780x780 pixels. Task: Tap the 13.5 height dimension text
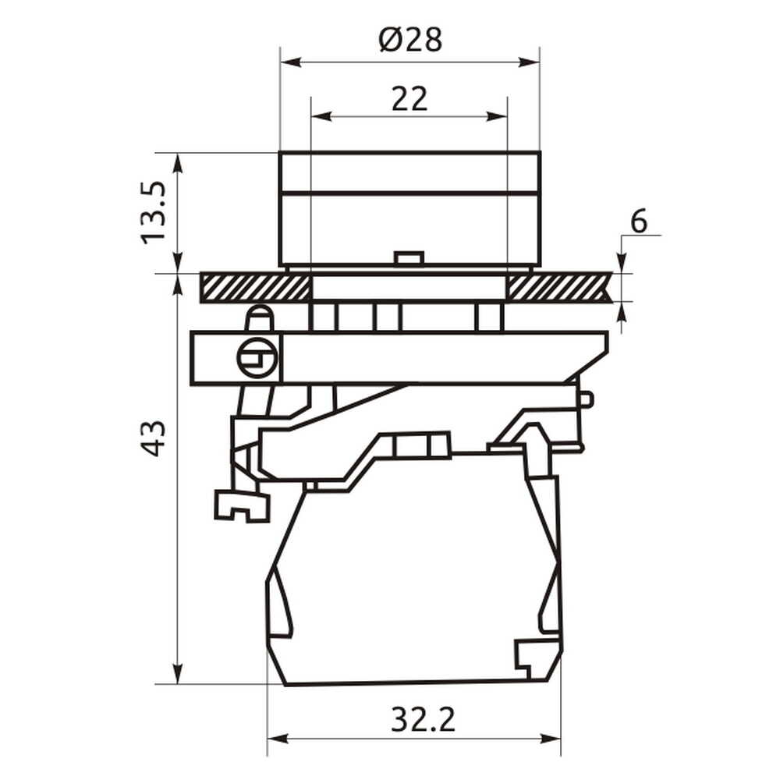(153, 212)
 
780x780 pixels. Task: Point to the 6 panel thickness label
(639, 222)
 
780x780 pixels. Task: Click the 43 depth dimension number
(153, 438)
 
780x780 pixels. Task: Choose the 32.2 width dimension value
(423, 719)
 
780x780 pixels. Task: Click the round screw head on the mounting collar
(257, 357)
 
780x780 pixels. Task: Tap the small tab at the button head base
(409, 258)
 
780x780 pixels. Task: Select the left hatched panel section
(255, 288)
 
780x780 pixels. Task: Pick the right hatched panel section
(559, 288)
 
